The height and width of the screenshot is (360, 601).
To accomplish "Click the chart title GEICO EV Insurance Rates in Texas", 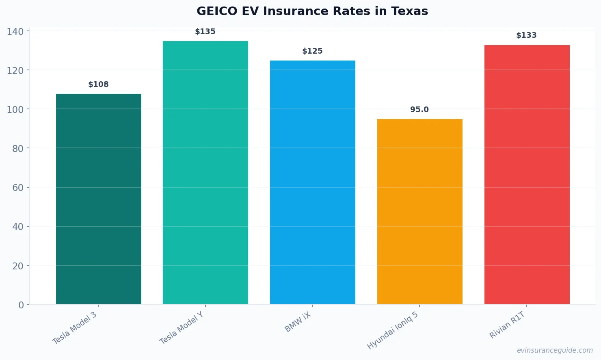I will [x=312, y=11].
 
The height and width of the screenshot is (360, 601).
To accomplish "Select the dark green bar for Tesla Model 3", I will [x=99, y=199].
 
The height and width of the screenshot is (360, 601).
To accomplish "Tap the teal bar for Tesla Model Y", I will [x=205, y=172].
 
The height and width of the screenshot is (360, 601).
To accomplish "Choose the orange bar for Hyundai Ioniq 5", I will [x=419, y=211].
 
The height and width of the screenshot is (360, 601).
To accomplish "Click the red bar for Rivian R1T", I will [x=527, y=174].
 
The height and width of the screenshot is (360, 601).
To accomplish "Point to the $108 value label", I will [x=99, y=85].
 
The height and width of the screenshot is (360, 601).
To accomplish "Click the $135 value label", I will [x=205, y=32].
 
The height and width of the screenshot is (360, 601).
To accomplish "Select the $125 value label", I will [x=312, y=51].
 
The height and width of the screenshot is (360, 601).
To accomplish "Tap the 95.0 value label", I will [x=419, y=110].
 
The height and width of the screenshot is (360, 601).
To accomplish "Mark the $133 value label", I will [x=527, y=35].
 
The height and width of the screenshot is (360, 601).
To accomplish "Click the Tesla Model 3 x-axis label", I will [x=75, y=328].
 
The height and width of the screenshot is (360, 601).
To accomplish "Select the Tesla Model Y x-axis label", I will [x=182, y=328].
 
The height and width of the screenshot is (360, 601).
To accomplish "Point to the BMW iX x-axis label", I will [x=298, y=322].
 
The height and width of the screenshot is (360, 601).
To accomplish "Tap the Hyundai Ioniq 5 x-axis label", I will [x=393, y=330].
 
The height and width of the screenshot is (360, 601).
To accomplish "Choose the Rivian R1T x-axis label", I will [x=507, y=325].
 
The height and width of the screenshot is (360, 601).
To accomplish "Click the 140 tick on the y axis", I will [x=15, y=31].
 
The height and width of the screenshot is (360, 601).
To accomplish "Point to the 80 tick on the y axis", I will [x=18, y=149].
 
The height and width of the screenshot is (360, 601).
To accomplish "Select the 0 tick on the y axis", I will [x=21, y=305].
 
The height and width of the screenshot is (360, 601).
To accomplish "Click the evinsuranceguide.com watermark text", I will [x=555, y=350].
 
